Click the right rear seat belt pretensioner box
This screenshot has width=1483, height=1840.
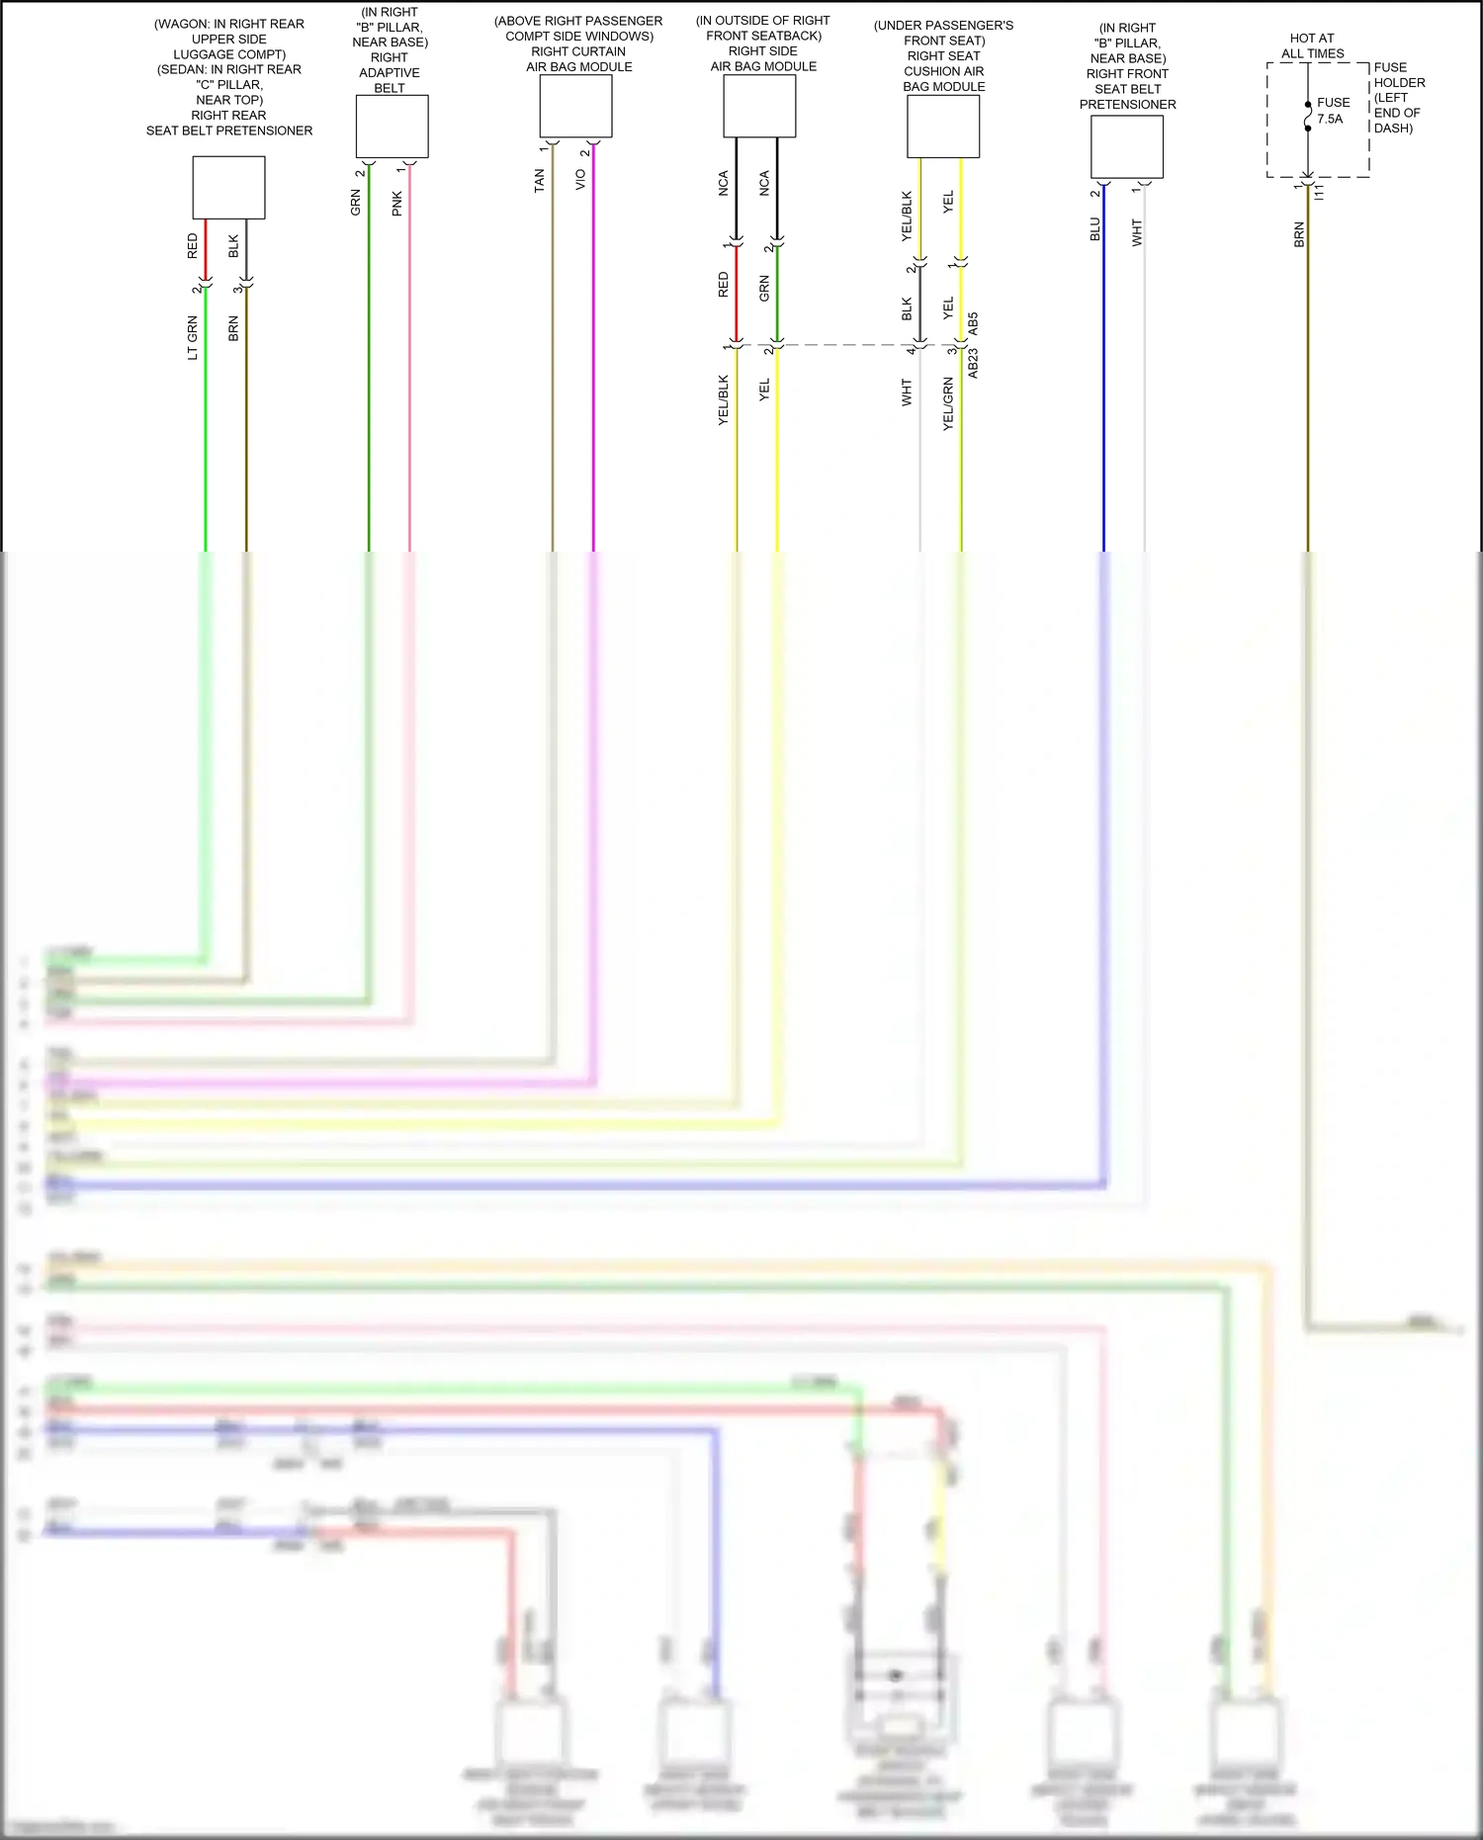pos(228,187)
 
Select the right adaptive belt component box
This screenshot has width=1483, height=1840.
pos(392,126)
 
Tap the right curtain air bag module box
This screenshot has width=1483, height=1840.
pos(575,106)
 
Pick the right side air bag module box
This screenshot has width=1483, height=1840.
pos(759,106)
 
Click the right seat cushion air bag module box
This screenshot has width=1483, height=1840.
pos(943,126)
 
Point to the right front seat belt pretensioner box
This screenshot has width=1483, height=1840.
pos(1126,146)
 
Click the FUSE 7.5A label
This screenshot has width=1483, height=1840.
pos(1332,110)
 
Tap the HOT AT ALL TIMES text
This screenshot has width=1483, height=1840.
pos(1312,45)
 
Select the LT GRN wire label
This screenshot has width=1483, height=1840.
pos(193,337)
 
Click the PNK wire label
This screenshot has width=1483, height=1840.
pos(396,204)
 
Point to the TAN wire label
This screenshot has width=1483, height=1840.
pos(539,180)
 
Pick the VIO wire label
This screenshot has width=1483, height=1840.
pos(580,179)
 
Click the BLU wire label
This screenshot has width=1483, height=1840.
pos(1094,229)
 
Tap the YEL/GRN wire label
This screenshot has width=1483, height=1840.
pos(948,403)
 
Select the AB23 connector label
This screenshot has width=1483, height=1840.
pos(973,363)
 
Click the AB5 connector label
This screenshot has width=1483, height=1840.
pos(973,323)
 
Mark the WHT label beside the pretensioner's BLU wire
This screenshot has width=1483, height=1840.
pos(1137,232)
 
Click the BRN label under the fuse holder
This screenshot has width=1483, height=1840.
pos(1299,235)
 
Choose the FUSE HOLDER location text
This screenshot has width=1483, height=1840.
pos(1398,98)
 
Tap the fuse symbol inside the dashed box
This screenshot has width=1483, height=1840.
pos(1308,117)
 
